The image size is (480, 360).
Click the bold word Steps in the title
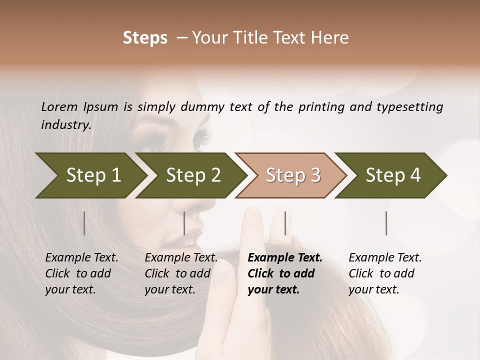145,38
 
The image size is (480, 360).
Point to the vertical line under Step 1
84,223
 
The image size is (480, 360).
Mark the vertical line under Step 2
184,223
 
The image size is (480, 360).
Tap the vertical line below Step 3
285,223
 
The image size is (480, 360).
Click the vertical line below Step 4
386,223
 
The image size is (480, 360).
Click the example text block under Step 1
81,273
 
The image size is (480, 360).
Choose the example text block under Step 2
181,273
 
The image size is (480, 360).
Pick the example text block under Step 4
385,273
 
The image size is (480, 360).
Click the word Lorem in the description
59,107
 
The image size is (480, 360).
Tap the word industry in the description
65,125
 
